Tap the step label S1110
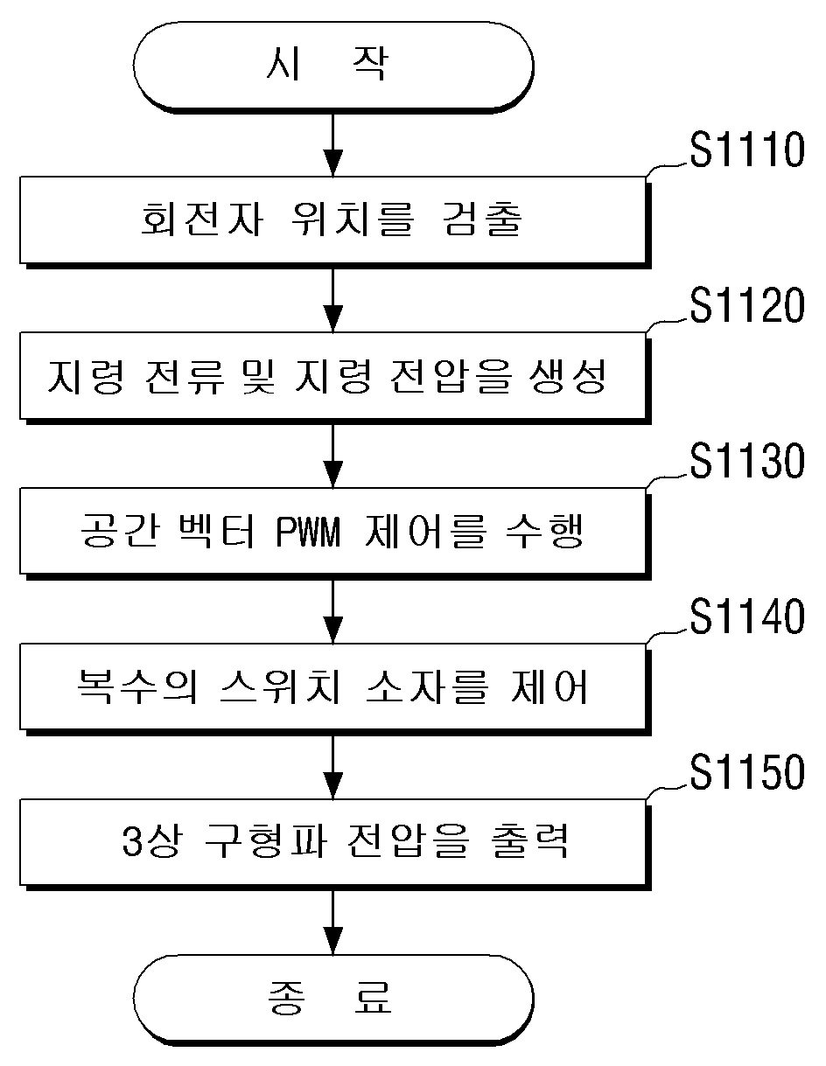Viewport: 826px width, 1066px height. (x=747, y=150)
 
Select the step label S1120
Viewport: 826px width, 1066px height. (x=747, y=305)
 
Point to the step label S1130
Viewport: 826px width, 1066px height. (x=747, y=461)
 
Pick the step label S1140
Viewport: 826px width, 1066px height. (x=747, y=617)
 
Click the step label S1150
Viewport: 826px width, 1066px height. (x=747, y=771)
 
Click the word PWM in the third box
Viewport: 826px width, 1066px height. (x=308, y=533)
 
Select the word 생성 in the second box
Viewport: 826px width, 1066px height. (x=568, y=376)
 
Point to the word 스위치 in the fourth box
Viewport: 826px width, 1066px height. (x=280, y=686)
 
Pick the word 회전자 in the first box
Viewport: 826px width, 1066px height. (x=202, y=219)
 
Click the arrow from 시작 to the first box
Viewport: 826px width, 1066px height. (x=333, y=143)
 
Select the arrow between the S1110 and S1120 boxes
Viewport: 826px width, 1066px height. (x=333, y=300)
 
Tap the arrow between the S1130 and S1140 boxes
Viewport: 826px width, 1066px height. (x=333, y=610)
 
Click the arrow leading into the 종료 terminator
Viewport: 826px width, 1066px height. (x=333, y=922)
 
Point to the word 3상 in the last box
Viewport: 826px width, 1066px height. (x=152, y=842)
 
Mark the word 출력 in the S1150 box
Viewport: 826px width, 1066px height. (x=529, y=842)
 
